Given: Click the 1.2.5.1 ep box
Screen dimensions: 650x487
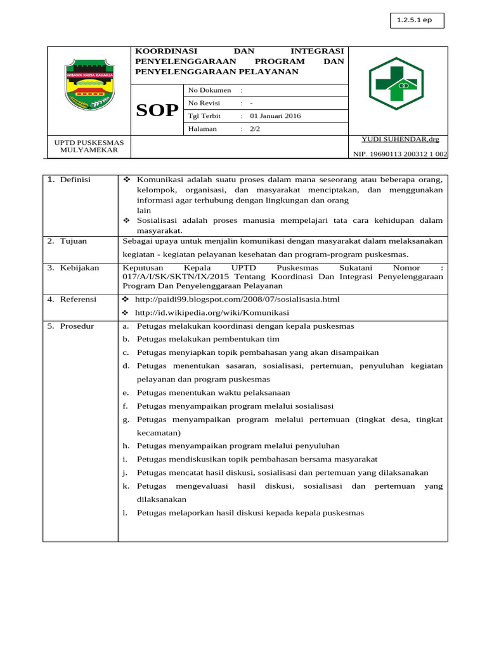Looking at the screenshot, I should [417, 20].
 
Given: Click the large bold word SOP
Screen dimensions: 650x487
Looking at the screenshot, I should [157, 110].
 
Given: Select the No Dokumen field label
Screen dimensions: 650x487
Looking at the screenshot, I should [209, 90].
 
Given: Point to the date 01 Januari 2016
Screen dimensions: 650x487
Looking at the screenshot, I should [275, 116].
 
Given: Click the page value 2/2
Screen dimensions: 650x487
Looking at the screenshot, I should [255, 129].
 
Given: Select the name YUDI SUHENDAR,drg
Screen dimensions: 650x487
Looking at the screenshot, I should [399, 139].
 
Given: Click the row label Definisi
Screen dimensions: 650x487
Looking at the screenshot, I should [75, 180].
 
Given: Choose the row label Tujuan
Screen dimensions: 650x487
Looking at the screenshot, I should [73, 242].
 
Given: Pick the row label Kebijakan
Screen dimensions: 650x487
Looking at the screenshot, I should [79, 268].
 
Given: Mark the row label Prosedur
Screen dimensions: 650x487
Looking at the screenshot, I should [77, 326].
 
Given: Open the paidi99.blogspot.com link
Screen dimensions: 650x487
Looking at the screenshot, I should [237, 299].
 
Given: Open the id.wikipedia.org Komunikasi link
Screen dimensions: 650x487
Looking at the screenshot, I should [212, 313].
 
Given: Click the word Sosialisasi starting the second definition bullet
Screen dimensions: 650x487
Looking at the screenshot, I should [158, 220].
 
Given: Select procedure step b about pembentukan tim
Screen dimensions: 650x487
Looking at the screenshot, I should [208, 340].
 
